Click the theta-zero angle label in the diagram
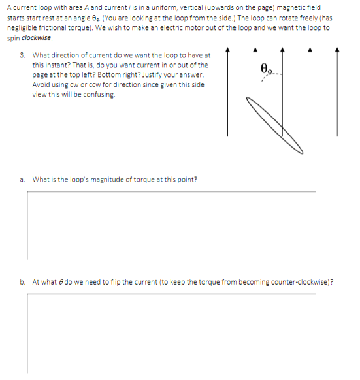pyautogui.click(x=266, y=67)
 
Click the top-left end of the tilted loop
pyautogui.click(x=248, y=100)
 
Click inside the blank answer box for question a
pyautogui.click(x=170, y=225)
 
